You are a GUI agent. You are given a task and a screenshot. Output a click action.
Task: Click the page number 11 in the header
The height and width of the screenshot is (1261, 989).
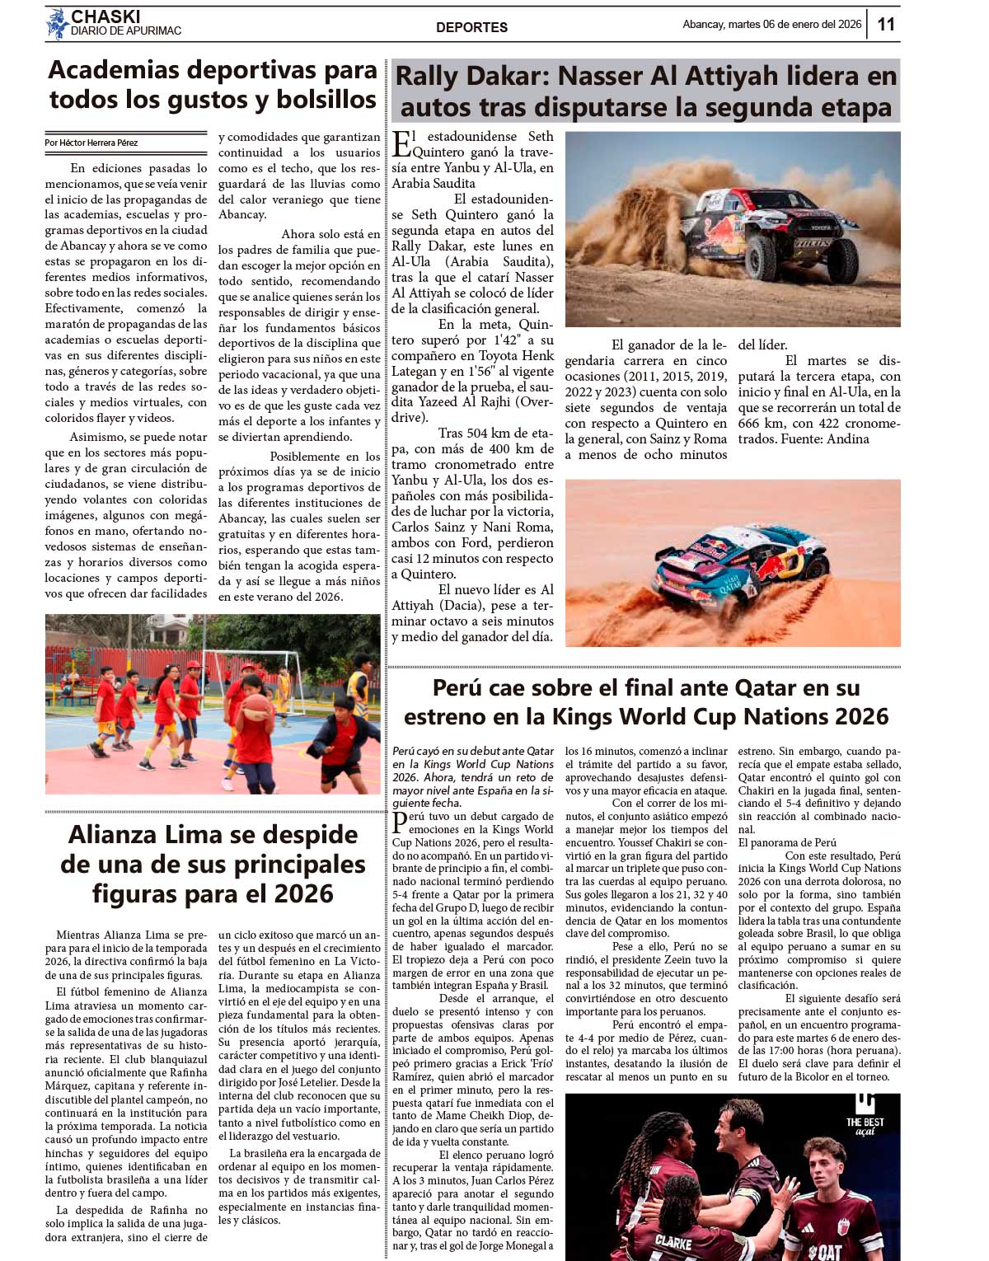click(885, 24)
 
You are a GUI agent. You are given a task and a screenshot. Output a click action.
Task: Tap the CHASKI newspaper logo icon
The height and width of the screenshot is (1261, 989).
click(57, 24)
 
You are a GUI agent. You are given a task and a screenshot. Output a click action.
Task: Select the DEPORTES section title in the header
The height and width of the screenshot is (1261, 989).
click(471, 27)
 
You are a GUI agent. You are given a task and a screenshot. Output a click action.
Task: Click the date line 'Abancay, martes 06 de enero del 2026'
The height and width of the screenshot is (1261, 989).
click(771, 25)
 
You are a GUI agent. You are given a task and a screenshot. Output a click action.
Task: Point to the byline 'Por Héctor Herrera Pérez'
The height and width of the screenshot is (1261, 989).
click(91, 143)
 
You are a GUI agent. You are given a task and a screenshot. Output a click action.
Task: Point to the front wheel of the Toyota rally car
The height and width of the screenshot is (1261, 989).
click(761, 257)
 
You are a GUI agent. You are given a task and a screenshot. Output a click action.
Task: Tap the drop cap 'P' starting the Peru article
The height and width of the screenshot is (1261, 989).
click(400, 823)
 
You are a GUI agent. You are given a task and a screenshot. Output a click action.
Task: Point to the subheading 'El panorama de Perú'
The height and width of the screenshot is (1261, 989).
click(786, 842)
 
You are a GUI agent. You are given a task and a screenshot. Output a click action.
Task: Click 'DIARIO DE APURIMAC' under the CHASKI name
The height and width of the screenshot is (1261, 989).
click(125, 31)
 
